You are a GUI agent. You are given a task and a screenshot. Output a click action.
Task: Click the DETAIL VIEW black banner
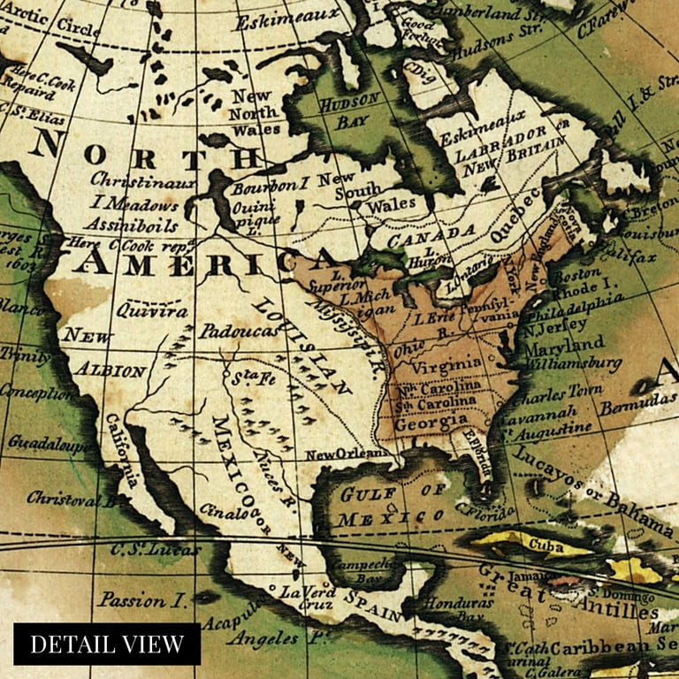tap(107, 644)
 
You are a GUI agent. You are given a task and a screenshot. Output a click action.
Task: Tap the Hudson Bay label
tap(348, 109)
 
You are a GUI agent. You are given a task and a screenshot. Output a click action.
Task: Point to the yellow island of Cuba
tap(535, 544)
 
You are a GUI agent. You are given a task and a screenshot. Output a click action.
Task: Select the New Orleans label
tap(347, 454)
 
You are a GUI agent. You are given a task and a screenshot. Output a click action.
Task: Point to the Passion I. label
tap(142, 599)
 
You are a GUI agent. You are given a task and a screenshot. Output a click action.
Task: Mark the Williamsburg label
tap(572, 363)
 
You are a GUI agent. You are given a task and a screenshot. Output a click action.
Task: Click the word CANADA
tap(432, 233)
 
